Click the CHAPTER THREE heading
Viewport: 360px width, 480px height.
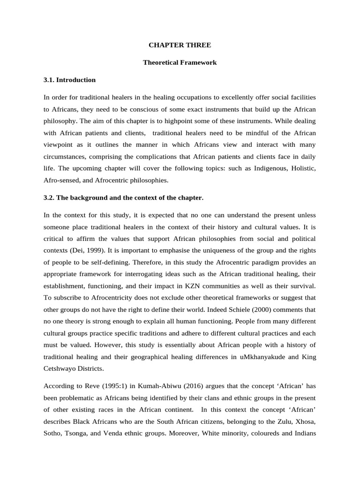tap(180, 45)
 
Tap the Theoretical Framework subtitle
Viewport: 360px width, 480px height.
tap(180, 62)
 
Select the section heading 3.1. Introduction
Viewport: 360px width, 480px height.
tap(69, 80)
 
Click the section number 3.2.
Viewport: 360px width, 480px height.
tap(49, 198)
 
